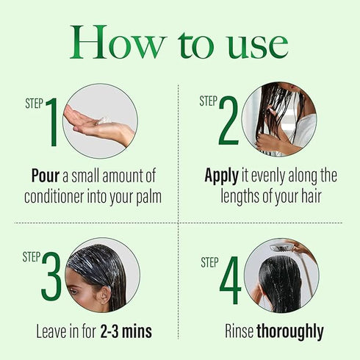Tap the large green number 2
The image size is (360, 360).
pos(228,122)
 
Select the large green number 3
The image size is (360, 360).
pos(51,278)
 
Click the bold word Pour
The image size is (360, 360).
pos(45,176)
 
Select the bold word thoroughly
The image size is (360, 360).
pos(289,331)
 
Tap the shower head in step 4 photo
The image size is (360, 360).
pos(282,248)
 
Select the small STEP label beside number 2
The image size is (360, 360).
pos(208,101)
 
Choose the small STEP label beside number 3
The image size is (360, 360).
pos(31,256)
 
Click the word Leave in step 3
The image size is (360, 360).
pos(53,331)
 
